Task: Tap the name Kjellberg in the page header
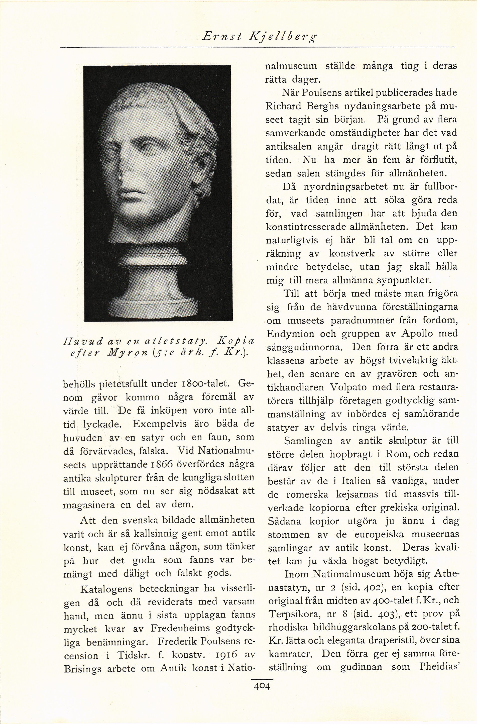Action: tap(283, 37)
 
